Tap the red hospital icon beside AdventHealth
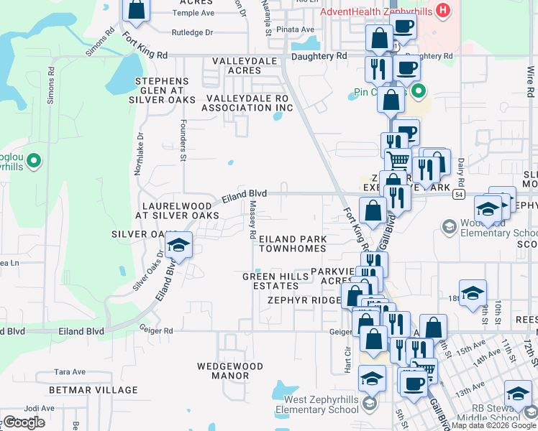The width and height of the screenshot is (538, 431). click(x=444, y=11)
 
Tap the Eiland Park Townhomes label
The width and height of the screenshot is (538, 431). click(x=293, y=244)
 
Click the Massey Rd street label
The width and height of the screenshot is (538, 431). click(x=252, y=219)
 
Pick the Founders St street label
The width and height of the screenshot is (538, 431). click(x=183, y=140)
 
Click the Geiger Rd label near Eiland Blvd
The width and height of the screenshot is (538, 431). click(x=158, y=330)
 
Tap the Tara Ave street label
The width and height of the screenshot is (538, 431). click(x=70, y=372)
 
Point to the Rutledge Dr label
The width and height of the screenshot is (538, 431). click(x=193, y=32)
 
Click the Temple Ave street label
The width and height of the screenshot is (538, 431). click(x=193, y=13)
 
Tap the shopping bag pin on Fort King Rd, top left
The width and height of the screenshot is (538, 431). click(x=135, y=10)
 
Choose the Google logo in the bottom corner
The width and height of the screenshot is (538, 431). click(x=24, y=422)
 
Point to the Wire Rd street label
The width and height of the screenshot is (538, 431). click(x=530, y=82)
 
